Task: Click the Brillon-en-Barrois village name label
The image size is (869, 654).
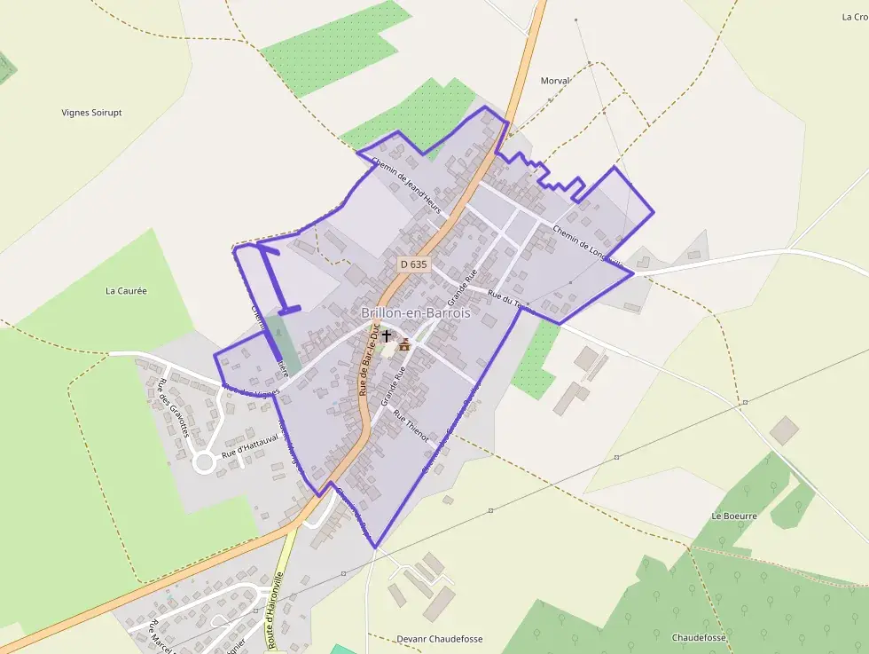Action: click(x=416, y=313)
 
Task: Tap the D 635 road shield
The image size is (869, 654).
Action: click(x=413, y=264)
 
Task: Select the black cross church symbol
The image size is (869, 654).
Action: click(x=387, y=336)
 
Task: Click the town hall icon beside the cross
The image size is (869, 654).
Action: click(x=405, y=344)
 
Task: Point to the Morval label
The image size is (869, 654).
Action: click(x=555, y=81)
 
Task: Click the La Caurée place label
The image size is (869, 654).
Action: click(x=126, y=290)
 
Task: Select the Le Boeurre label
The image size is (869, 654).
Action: click(x=734, y=516)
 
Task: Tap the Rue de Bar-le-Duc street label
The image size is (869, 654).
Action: click(x=369, y=359)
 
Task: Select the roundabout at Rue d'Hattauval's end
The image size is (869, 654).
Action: click(x=205, y=461)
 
